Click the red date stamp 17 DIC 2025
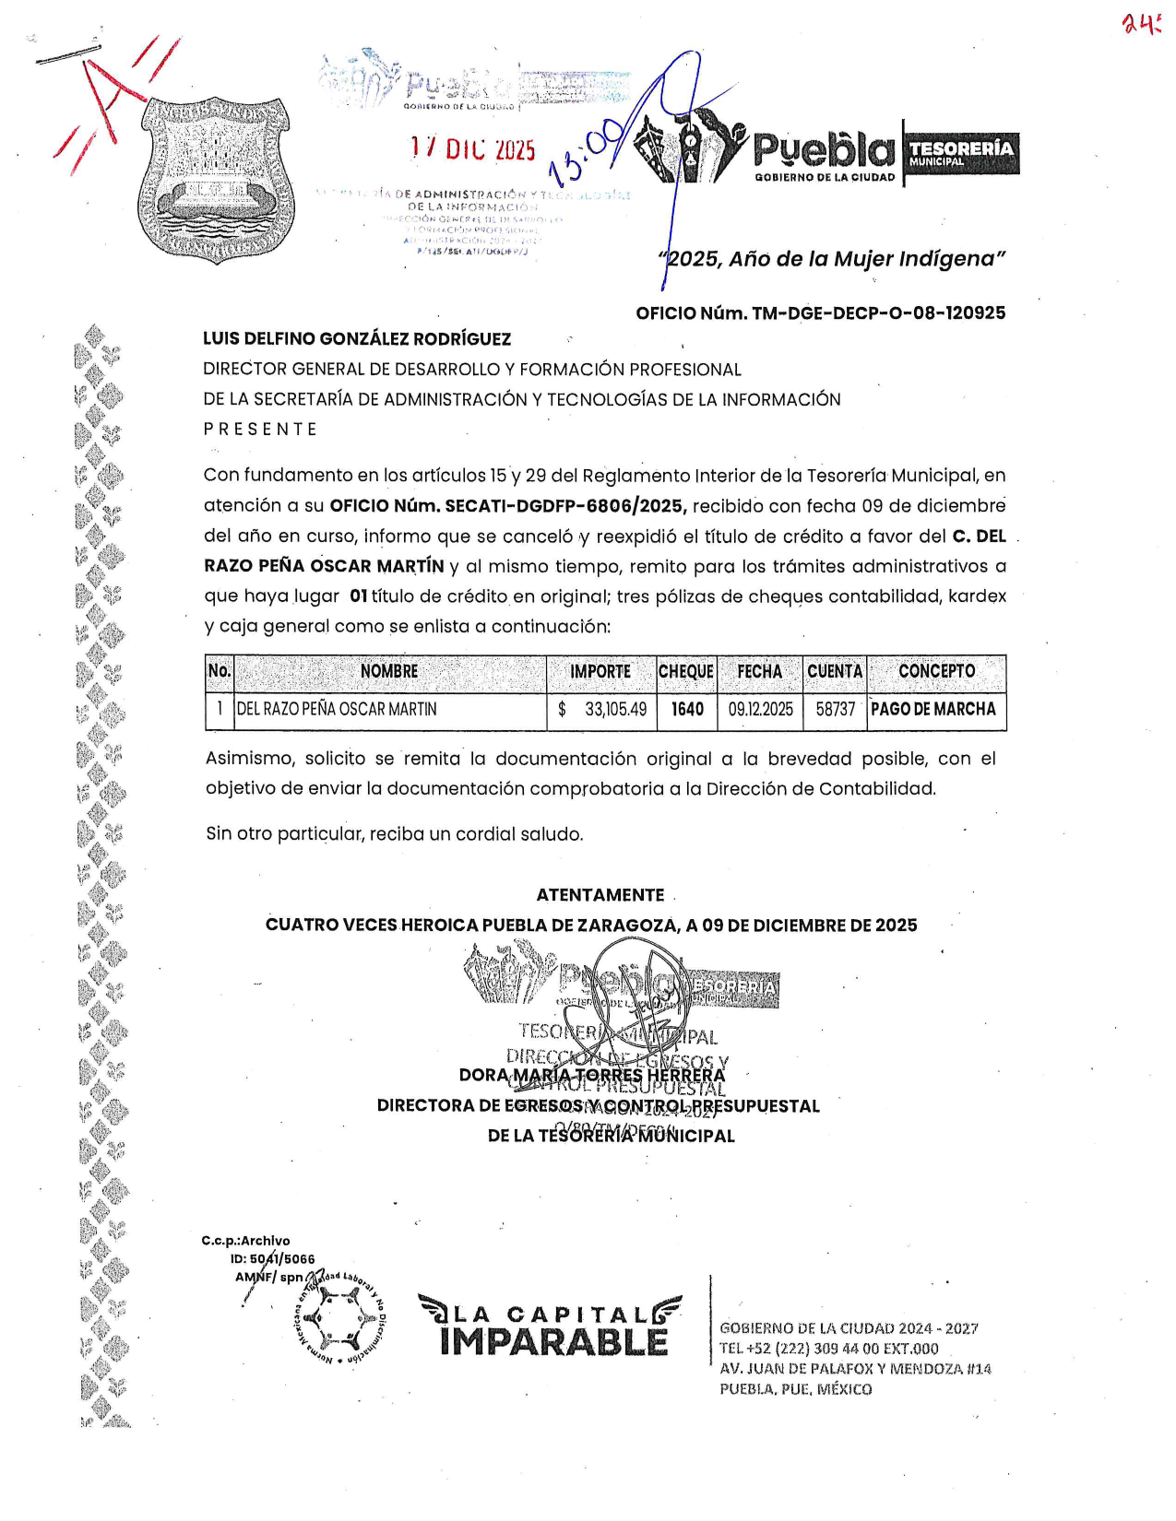[x=473, y=148]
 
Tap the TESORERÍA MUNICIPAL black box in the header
[x=961, y=153]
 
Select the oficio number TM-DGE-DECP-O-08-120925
[x=820, y=313]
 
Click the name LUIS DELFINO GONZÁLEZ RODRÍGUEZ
[x=357, y=339]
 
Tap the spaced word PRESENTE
[x=260, y=430]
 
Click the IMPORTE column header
[x=600, y=672]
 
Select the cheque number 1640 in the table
[x=687, y=710]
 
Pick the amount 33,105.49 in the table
[x=614, y=710]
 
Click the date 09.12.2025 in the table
[x=760, y=710]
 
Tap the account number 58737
[x=836, y=710]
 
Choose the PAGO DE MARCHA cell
[x=933, y=710]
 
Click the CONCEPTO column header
[x=936, y=672]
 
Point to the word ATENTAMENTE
[x=600, y=895]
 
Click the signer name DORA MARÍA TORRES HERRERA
[x=592, y=1076]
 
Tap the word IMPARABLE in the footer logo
[x=553, y=1342]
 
